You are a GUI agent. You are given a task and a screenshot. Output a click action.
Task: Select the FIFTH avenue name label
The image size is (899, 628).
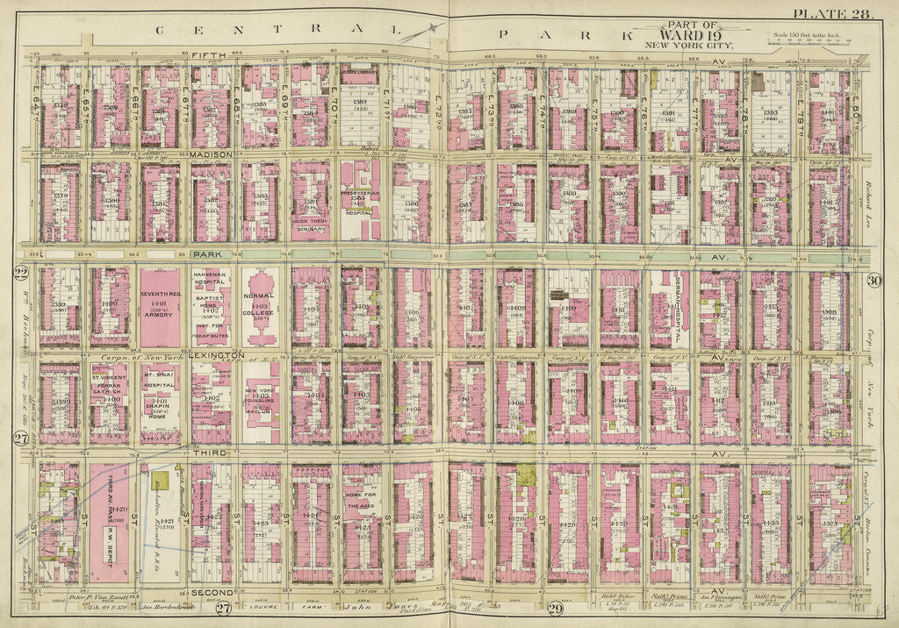[x=211, y=55]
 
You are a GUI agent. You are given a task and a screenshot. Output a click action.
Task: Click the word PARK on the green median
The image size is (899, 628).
[x=207, y=253]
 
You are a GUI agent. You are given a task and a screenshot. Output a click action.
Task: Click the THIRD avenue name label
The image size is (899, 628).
[x=207, y=453]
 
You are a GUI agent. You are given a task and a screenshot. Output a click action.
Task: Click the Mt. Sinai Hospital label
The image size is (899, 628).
[x=159, y=384]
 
